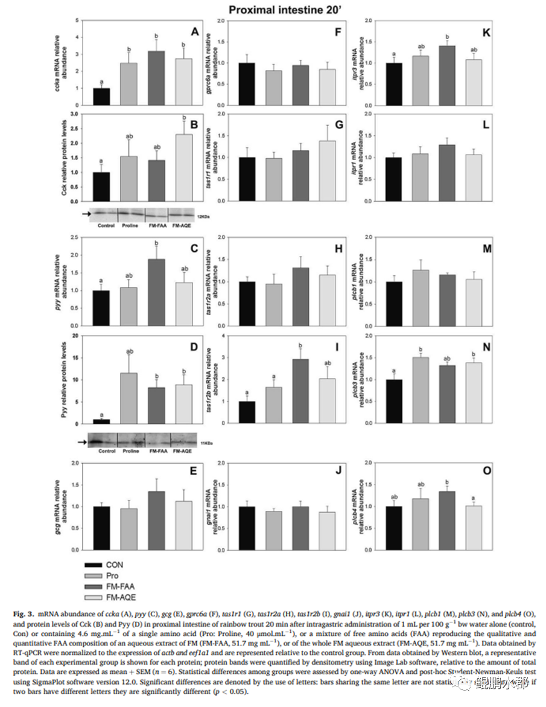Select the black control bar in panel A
(101, 97)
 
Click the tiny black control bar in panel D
(101, 421)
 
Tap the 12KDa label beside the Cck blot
(202, 214)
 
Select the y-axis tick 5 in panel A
(77, 21)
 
